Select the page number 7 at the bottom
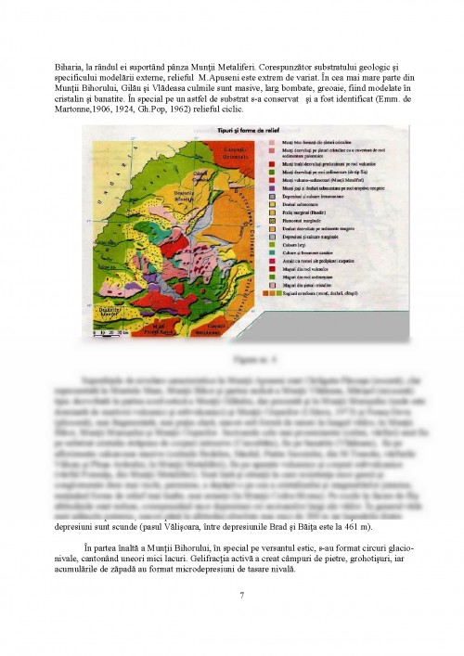(x=241, y=595)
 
